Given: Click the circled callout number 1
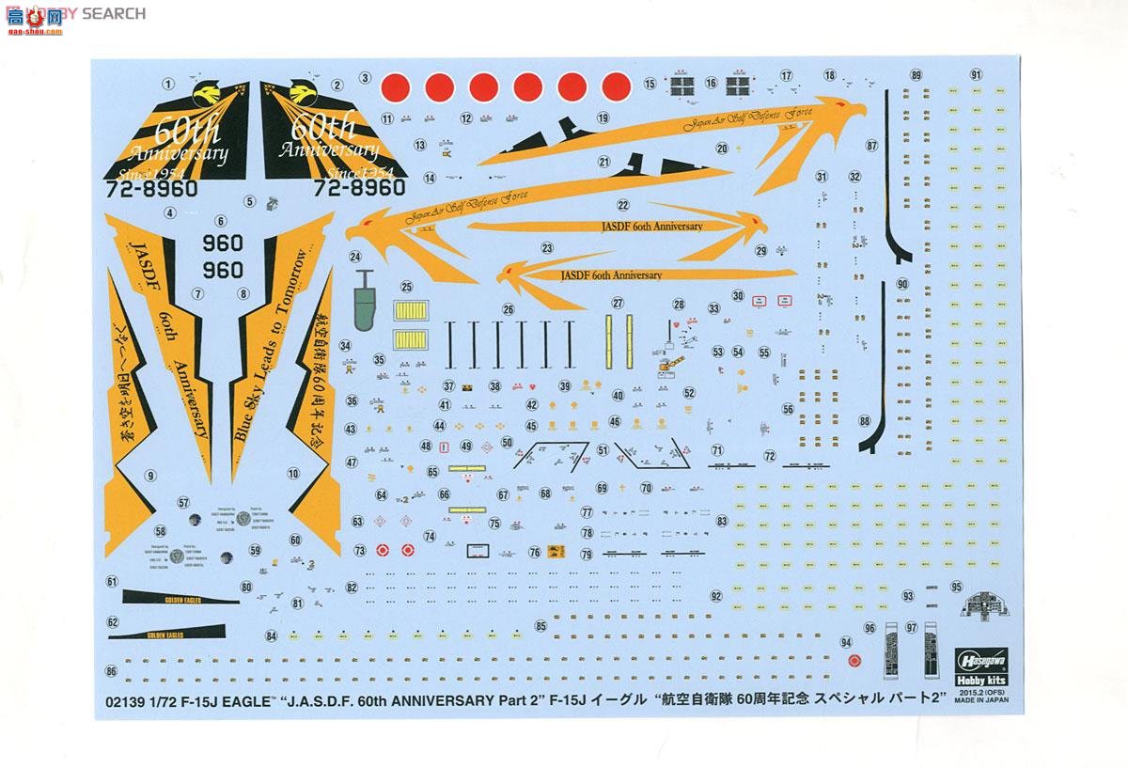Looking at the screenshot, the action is pos(167,84).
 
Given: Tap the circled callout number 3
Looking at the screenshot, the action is pos(365,79).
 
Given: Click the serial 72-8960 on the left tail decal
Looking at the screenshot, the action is pos(159,187).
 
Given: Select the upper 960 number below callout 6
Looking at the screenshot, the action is pos(223,243).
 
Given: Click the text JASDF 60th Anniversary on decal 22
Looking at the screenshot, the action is pos(650,227).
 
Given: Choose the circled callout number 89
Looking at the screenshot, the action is pos(916,75).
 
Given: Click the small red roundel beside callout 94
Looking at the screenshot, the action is pos(854,660).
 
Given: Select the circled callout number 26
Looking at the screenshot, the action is pos(509,308).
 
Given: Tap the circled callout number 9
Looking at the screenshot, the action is pos(149,476).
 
